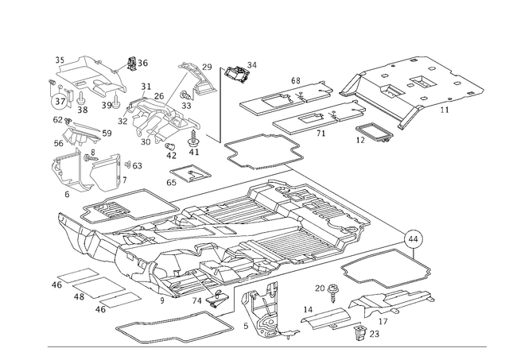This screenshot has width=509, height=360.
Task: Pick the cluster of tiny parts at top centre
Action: tap(236, 72)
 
